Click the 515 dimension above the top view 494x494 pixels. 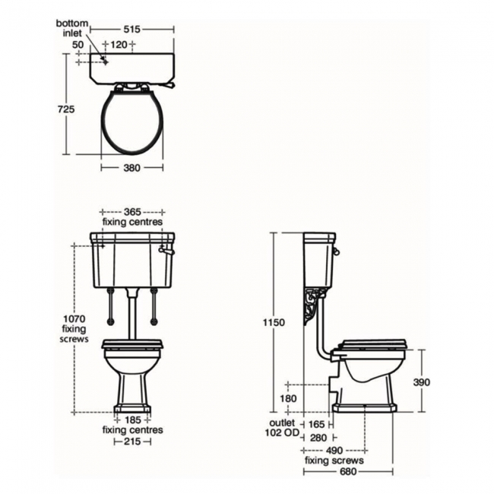tap(131, 30)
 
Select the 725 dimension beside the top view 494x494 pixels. tap(66, 109)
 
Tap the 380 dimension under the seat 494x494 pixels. tap(131, 168)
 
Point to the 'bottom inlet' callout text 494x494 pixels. tap(72, 28)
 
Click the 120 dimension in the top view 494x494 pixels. tap(119, 45)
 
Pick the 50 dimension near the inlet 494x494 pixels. tap(78, 45)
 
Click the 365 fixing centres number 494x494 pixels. tap(132, 212)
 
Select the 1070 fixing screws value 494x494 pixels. tap(74, 319)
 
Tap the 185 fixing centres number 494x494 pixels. tap(133, 420)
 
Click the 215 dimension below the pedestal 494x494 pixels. tap(132, 442)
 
